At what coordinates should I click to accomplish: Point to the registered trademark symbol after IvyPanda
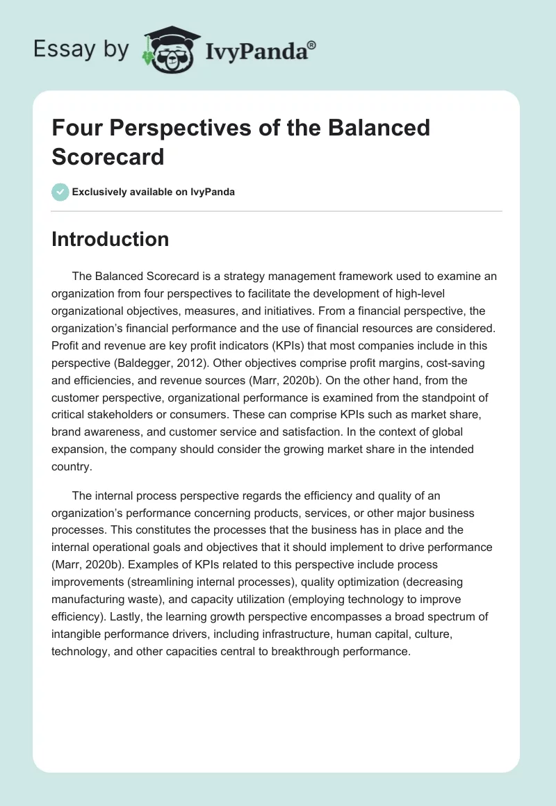pyautogui.click(x=312, y=44)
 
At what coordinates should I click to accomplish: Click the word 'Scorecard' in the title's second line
pyautogui.click(x=108, y=156)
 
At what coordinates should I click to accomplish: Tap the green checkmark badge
pyautogui.click(x=60, y=192)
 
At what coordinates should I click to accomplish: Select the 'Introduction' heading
pyautogui.click(x=110, y=239)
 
